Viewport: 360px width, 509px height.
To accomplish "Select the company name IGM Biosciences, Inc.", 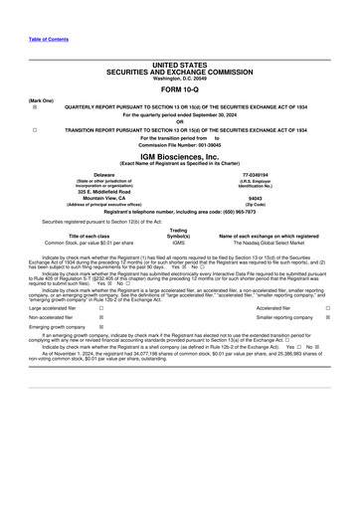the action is click(179, 156).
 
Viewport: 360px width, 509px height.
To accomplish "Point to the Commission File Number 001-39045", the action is click(179, 145).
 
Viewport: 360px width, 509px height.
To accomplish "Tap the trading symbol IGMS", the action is click(178, 242).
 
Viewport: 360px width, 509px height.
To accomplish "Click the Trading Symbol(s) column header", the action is click(179, 231).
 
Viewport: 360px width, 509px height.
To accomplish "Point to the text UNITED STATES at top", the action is click(179, 63).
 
